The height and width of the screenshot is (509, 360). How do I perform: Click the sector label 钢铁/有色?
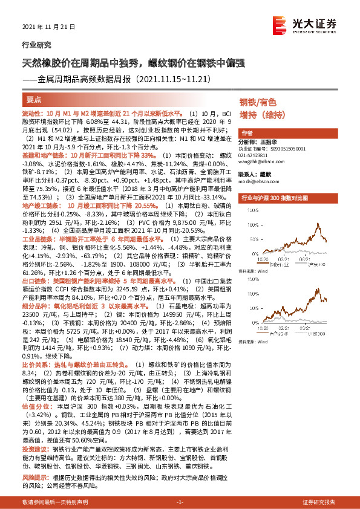point(257,102)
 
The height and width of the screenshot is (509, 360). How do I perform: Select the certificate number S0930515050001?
point(284,148)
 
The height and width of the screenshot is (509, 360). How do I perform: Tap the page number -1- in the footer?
point(180,502)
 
